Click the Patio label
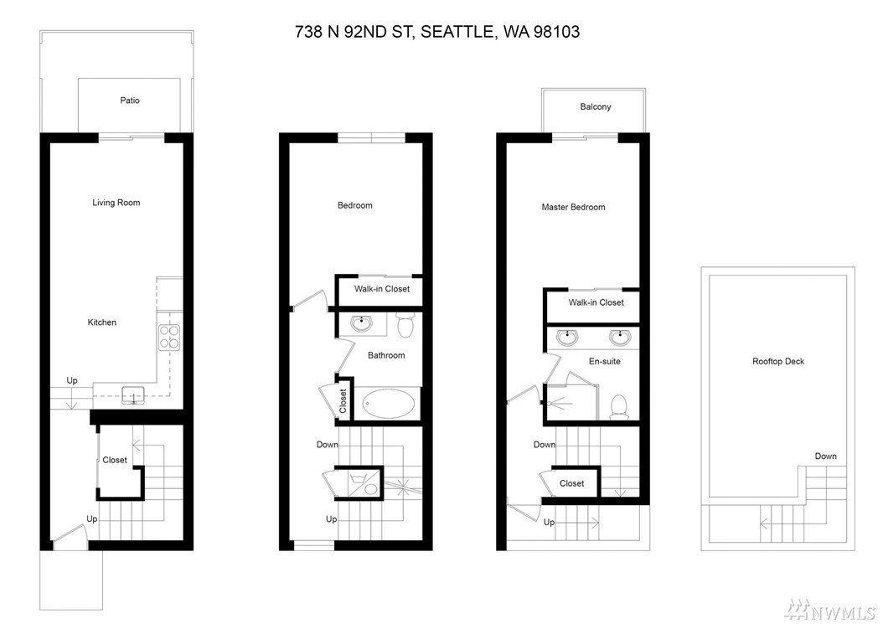pyautogui.click(x=130, y=101)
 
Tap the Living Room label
pyautogui.click(x=116, y=203)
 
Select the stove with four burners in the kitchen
pyautogui.click(x=169, y=337)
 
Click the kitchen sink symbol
pyautogui.click(x=133, y=395)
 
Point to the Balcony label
pyautogui.click(x=596, y=106)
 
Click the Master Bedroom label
pyautogui.click(x=573, y=207)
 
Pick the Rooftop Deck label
pyautogui.click(x=778, y=361)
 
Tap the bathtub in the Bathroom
pyautogui.click(x=389, y=404)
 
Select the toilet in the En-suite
pyautogui.click(x=619, y=406)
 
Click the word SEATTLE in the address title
pyautogui.click(x=457, y=32)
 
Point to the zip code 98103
pyautogui.click(x=556, y=32)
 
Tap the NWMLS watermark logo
pyautogui.click(x=833, y=609)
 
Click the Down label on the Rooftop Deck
pyautogui.click(x=825, y=456)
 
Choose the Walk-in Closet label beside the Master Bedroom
pyautogui.click(x=596, y=302)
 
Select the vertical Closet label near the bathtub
pyautogui.click(x=343, y=401)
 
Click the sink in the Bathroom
pyautogui.click(x=360, y=324)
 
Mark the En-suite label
pyautogui.click(x=604, y=361)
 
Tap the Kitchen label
pyautogui.click(x=102, y=322)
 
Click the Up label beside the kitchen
pyautogui.click(x=72, y=381)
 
